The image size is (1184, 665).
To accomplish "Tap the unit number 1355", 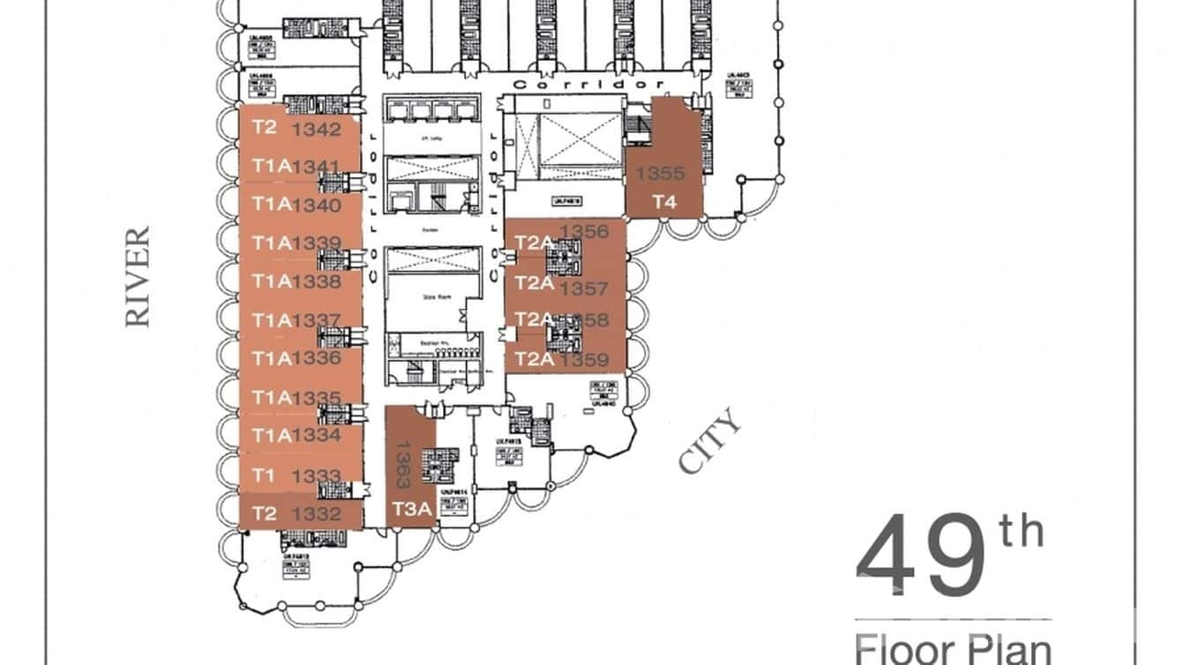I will point(660,173).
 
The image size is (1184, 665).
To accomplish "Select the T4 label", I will point(664,202).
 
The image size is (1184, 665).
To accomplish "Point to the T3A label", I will point(411,510).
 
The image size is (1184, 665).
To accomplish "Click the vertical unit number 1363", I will point(402,465).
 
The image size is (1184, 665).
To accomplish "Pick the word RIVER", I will point(138,277).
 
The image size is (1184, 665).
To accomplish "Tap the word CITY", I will point(710,444).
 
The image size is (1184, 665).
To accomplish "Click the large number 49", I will point(921,557).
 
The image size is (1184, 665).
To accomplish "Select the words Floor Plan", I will point(953,648).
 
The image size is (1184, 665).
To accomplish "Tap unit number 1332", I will point(316,513).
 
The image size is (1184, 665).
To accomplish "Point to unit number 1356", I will point(584,232).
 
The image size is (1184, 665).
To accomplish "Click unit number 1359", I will point(584,359).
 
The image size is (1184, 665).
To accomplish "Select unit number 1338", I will point(316,282).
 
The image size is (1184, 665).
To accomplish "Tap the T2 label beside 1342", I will point(265,127).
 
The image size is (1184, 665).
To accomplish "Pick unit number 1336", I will point(316,358).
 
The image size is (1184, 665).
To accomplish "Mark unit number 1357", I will point(584,288).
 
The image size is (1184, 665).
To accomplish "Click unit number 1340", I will point(316,205).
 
